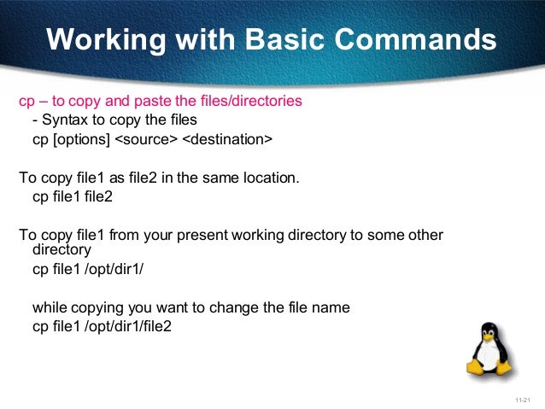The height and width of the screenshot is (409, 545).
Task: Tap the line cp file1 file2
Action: point(73,197)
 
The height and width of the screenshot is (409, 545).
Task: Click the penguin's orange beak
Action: point(489,335)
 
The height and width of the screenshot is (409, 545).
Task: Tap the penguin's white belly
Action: point(489,356)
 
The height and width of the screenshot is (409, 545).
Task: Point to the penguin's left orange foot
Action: point(476,369)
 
